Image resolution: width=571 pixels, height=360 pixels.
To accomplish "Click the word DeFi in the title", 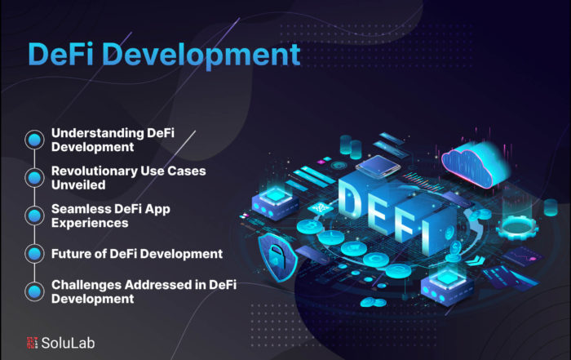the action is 61,55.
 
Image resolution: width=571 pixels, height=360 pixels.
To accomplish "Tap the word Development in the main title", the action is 201,56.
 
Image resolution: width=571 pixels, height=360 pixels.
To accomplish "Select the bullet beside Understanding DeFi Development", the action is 34,140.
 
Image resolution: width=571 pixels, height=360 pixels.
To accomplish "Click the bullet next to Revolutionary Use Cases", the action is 34,178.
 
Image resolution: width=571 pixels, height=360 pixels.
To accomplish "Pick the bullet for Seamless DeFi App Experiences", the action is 34,216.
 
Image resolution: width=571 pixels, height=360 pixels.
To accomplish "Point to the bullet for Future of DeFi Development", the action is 34,254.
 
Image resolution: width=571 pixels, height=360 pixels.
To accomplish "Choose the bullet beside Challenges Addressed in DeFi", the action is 34,292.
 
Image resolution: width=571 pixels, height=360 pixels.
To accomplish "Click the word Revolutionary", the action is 94,171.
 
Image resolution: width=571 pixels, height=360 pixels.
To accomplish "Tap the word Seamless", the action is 81,209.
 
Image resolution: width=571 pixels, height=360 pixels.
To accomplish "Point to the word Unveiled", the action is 78,184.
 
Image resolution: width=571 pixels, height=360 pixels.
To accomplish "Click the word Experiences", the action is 90,224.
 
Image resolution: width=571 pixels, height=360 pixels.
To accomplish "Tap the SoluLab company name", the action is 68,343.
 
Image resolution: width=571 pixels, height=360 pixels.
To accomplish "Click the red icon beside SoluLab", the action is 32,343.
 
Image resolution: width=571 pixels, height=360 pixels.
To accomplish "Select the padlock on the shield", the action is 277,256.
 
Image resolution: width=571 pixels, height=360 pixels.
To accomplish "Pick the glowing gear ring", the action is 517,227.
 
